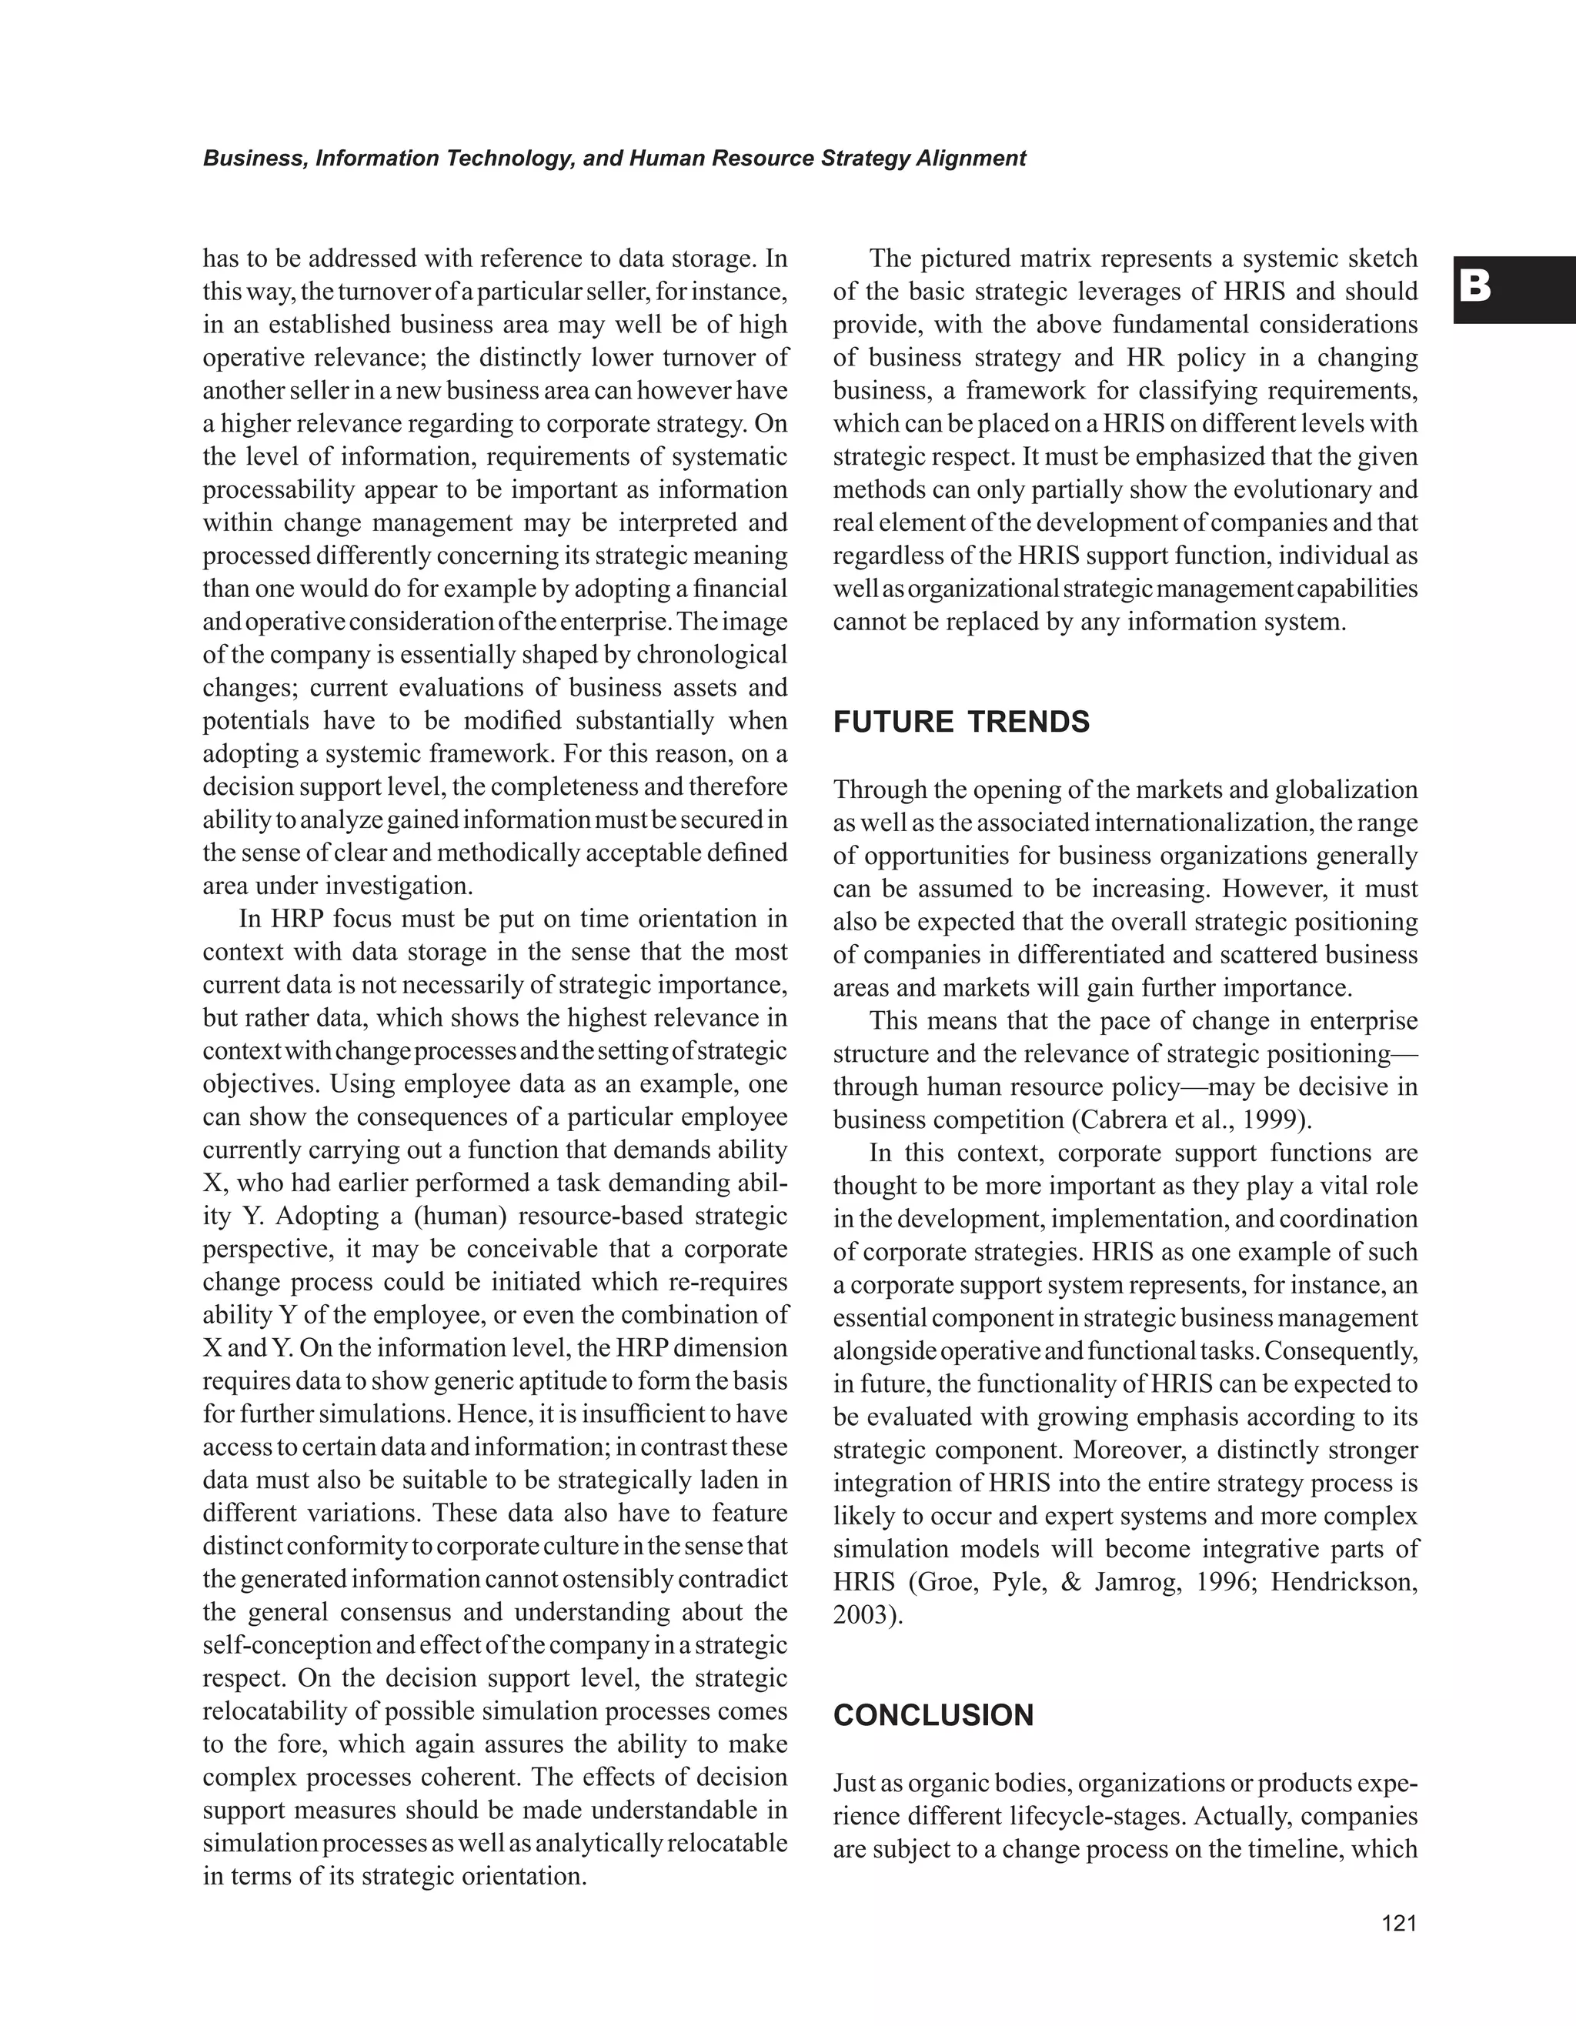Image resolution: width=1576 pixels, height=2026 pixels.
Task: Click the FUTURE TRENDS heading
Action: tap(961, 722)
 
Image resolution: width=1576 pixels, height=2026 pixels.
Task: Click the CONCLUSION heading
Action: tap(933, 1715)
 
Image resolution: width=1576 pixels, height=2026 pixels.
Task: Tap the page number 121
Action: tap(1399, 1923)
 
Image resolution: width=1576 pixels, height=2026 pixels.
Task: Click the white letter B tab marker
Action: tap(1475, 288)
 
